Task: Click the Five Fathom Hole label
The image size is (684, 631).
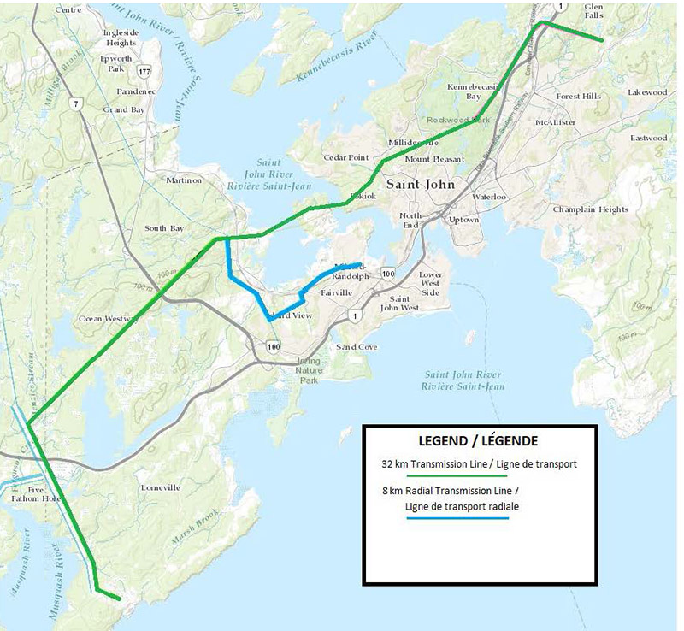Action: [x=35, y=495]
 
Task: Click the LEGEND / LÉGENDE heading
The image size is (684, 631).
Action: [x=478, y=442]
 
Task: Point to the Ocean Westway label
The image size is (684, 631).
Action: [x=108, y=318]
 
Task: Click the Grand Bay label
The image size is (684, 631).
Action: [x=124, y=109]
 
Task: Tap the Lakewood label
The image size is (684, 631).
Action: [x=646, y=91]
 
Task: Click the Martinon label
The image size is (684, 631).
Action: [x=184, y=180]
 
